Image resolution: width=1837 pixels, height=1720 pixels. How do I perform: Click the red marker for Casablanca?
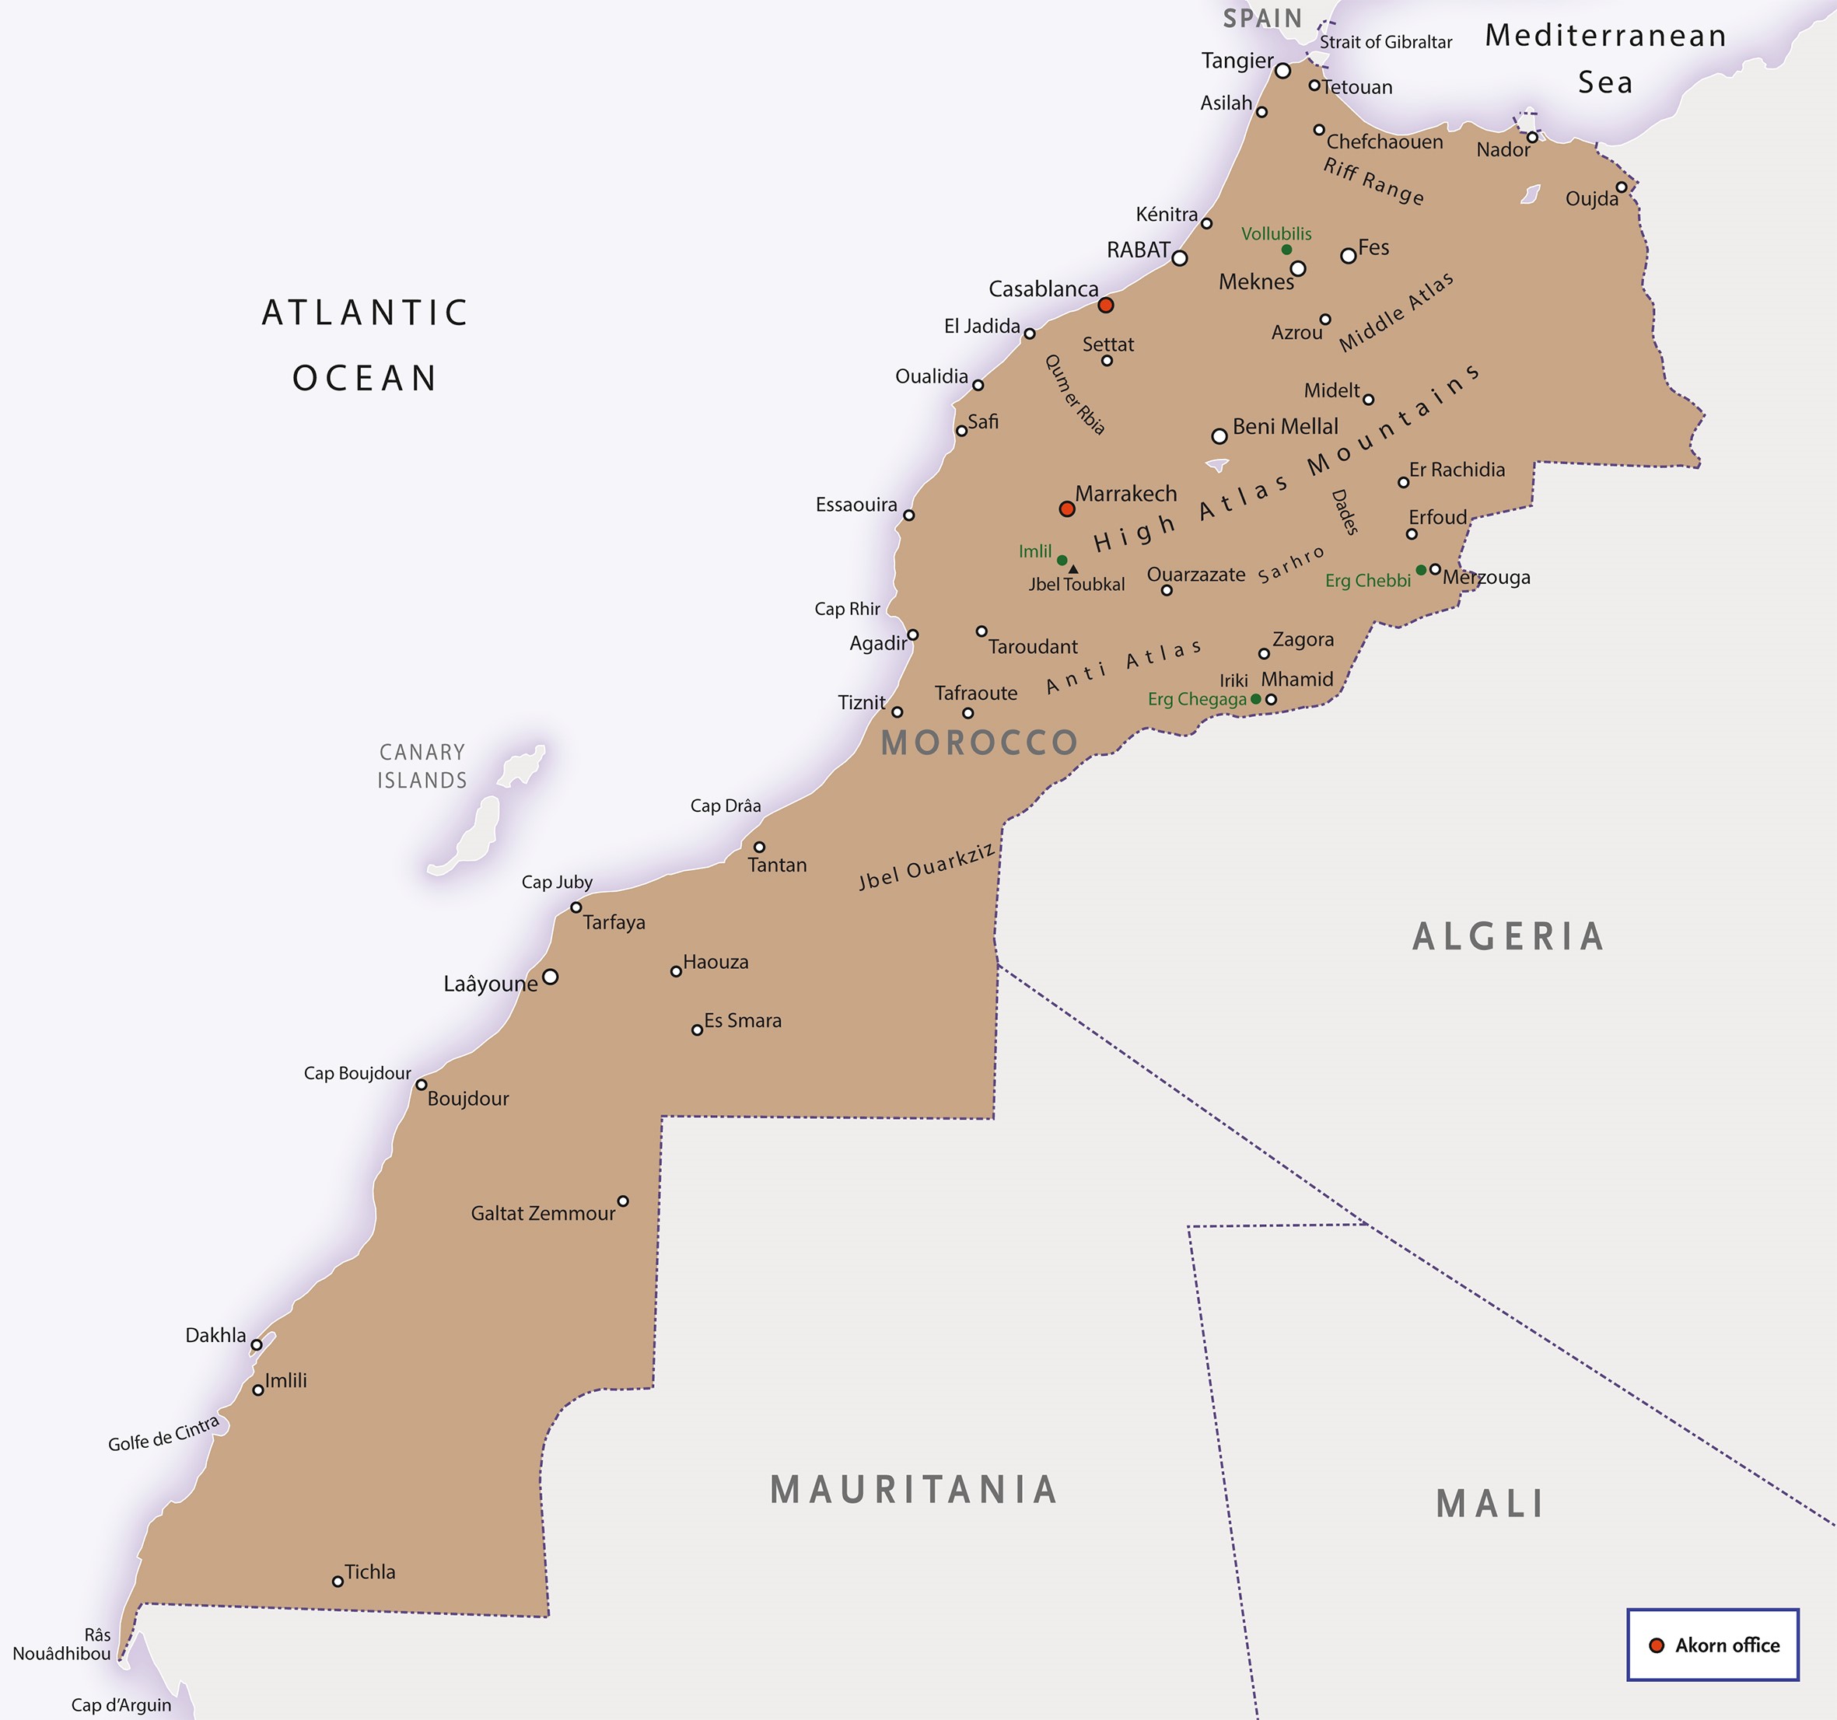1105,305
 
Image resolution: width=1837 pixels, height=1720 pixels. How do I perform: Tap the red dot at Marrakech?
1066,509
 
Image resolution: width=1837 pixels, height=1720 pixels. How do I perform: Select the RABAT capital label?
1139,250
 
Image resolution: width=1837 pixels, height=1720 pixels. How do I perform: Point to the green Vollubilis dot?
1286,250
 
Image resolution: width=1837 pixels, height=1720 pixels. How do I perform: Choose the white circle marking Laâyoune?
550,977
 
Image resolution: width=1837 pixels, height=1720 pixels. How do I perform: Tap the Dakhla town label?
215,1335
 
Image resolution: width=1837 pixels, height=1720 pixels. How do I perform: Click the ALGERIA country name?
1508,938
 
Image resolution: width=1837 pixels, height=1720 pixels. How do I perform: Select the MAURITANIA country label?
914,1490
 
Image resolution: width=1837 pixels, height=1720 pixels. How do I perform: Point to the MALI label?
1490,1505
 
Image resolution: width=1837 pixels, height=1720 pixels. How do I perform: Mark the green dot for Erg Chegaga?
1254,699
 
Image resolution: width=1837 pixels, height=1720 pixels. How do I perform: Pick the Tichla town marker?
338,1582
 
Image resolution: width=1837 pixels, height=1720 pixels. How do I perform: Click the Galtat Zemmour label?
542,1214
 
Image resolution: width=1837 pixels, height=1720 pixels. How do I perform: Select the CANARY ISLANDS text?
422,767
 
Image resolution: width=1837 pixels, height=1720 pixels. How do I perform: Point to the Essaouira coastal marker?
908,516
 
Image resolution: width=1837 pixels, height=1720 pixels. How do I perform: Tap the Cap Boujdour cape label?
357,1073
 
